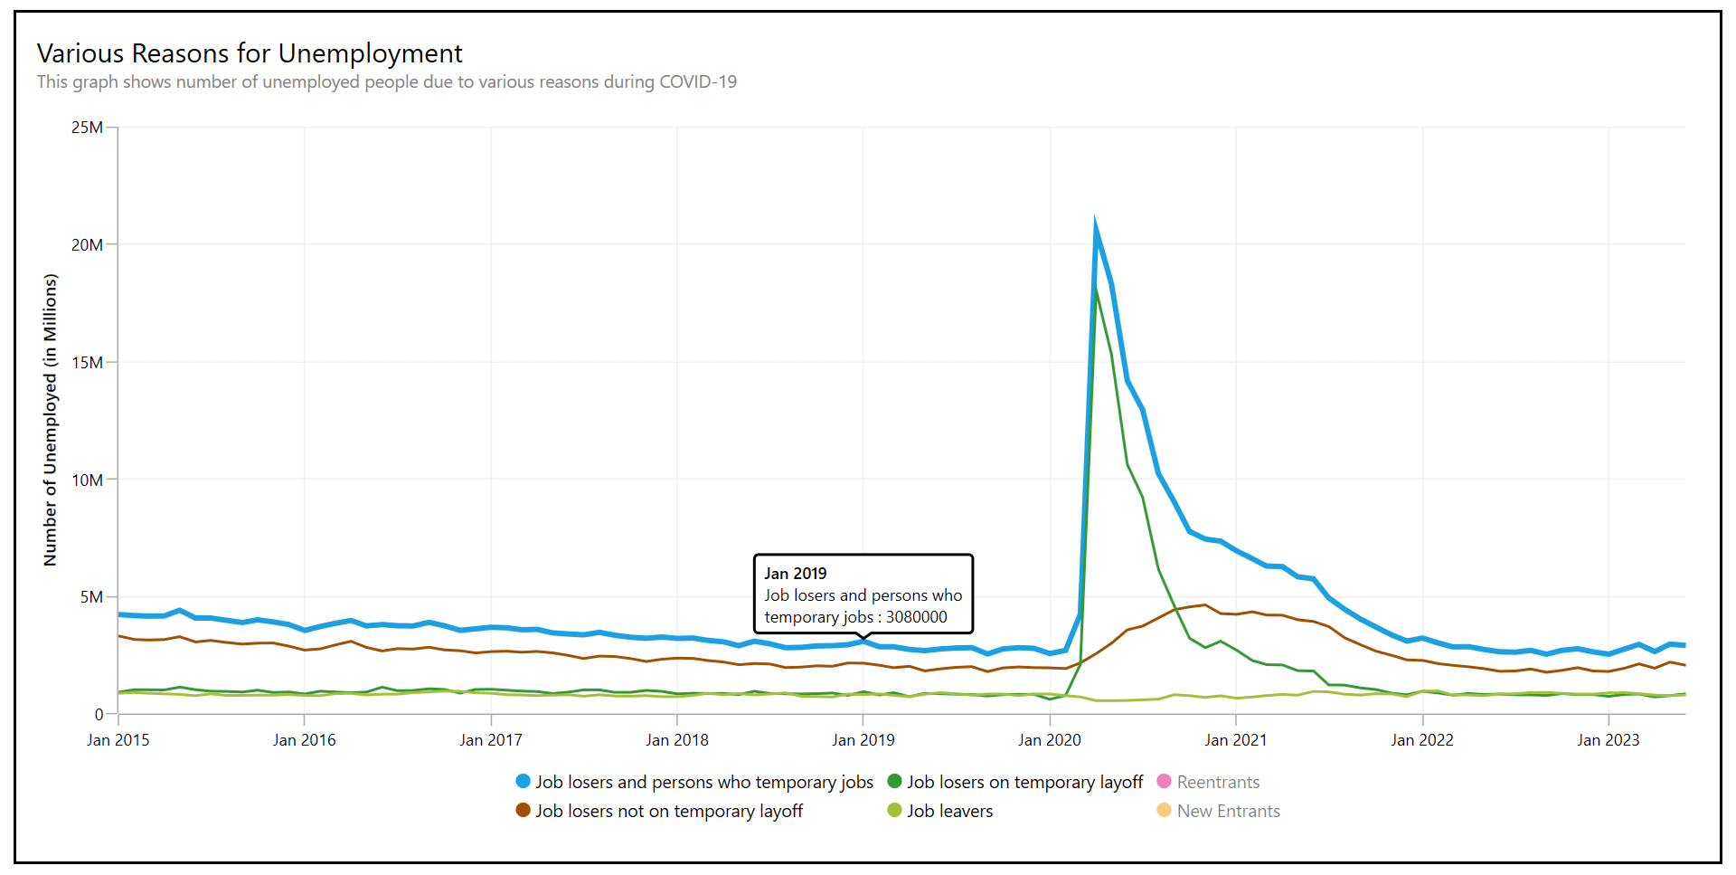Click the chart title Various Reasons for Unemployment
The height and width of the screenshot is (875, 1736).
tap(250, 53)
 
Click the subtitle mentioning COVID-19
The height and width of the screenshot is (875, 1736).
tap(386, 82)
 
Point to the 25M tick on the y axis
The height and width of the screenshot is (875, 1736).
tap(88, 128)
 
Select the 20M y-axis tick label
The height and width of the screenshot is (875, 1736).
tap(88, 245)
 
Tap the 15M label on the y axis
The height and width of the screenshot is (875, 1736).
tap(88, 363)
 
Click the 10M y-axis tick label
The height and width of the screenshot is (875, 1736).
tap(88, 480)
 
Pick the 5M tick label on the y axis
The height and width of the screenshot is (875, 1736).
tap(91, 597)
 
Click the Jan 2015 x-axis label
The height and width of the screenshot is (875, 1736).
tap(118, 740)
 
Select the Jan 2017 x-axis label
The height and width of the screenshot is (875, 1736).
tap(491, 740)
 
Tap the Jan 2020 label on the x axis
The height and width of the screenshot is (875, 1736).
tap(1050, 740)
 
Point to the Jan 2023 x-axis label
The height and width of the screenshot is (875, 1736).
tap(1609, 740)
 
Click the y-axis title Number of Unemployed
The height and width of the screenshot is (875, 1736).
tap(51, 420)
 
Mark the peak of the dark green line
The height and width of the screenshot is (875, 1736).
tap(1095, 289)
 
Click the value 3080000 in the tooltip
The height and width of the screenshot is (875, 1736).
tap(917, 617)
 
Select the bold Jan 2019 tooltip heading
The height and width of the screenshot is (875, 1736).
tap(796, 574)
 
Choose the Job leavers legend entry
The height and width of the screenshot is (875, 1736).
tap(949, 812)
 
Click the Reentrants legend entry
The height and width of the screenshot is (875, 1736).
tap(1217, 783)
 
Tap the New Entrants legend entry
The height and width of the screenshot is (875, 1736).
tap(1228, 812)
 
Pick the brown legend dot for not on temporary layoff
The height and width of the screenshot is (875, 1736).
tap(523, 810)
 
